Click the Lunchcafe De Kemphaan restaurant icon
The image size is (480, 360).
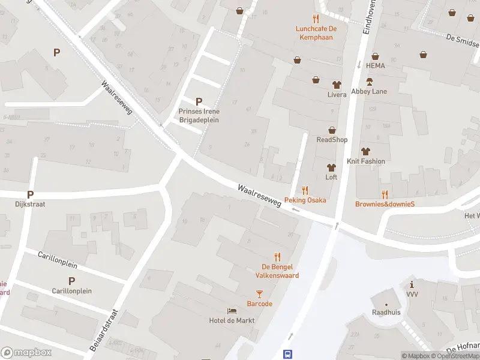(316, 19)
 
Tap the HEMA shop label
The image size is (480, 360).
(376, 65)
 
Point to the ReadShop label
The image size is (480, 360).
(332, 140)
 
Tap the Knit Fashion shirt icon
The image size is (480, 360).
(365, 152)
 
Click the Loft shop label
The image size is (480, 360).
(331, 177)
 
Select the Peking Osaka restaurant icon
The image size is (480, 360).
(305, 190)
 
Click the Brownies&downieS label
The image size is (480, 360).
(385, 203)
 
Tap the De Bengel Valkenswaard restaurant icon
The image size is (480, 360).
(277, 256)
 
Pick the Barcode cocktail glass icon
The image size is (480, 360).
(259, 294)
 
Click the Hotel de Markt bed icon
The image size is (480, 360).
(232, 311)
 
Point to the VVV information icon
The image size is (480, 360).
(412, 284)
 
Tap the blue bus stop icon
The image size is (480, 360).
(288, 354)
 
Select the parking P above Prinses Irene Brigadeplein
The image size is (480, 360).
(199, 101)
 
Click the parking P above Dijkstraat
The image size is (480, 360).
(31, 194)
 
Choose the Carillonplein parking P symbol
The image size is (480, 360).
(71, 281)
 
